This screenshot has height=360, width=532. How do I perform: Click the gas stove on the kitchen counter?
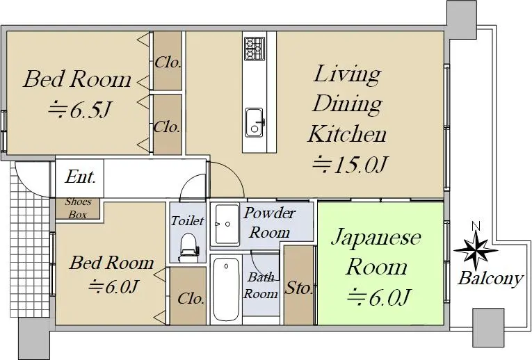[255, 49]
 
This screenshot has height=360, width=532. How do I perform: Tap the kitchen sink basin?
[254, 123]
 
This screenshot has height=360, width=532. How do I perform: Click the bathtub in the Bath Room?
[226, 289]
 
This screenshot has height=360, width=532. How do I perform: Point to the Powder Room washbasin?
[227, 224]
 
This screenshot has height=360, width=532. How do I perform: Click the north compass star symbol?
[476, 251]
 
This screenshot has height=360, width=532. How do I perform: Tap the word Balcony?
[490, 279]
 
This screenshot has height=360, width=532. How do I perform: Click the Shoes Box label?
[78, 208]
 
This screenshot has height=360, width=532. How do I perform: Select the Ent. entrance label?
[80, 177]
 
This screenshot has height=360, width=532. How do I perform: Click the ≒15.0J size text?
[350, 165]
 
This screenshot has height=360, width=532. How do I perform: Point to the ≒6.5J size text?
[80, 110]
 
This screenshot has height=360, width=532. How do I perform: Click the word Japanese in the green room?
[376, 238]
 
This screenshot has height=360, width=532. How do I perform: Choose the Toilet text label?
[187, 221]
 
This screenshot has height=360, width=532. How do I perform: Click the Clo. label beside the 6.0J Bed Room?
[191, 299]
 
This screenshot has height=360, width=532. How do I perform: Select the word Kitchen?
[348, 134]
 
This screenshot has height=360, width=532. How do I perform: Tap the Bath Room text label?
[261, 286]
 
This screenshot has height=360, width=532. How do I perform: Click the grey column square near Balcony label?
[488, 327]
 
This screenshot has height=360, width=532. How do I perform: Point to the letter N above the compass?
[476, 226]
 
